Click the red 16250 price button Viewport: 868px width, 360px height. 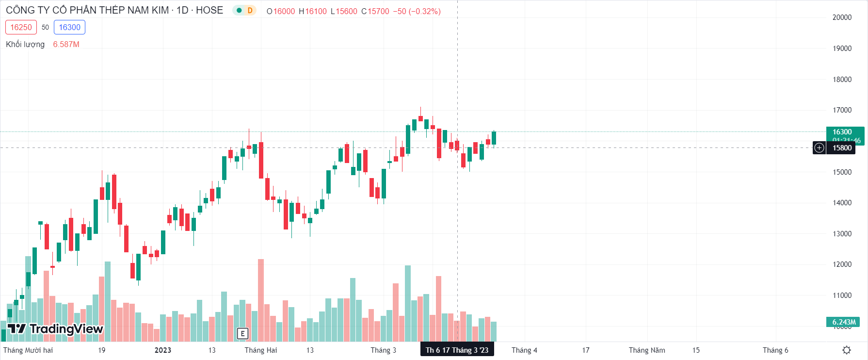pos(21,27)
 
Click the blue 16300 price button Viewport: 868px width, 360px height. pos(69,27)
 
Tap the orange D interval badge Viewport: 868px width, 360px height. pos(250,10)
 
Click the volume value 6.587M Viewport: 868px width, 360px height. pos(66,44)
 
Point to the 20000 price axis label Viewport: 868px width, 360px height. pos(842,17)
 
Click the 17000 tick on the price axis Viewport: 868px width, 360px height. pos(842,110)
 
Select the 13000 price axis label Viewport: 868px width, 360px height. pos(842,234)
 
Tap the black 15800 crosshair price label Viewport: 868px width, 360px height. pos(842,148)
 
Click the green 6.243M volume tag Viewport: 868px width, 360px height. pos(844,322)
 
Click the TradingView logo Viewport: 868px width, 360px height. pos(55,329)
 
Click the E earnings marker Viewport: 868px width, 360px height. pos(242,333)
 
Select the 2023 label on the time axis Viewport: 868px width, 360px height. pos(163,350)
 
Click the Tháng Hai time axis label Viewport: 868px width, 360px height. pos(261,350)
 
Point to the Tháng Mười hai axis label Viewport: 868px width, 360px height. pos(28,350)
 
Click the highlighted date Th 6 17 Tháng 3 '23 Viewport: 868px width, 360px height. pos(457,350)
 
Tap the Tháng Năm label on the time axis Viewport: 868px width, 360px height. pos(647,350)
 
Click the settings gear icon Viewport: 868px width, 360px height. pos(847,350)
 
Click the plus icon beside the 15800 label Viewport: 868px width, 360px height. pos(819,148)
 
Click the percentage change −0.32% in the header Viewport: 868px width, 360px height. pos(425,11)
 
